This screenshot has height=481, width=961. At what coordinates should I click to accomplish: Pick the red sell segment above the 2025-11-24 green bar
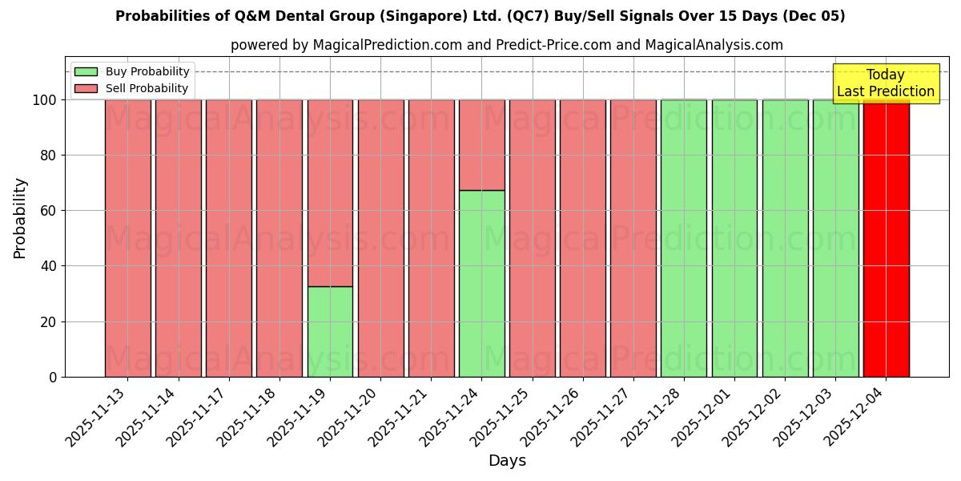coord(482,144)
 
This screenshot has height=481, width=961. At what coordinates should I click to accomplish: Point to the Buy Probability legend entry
coord(131,71)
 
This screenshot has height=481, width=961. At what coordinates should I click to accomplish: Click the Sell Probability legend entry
coord(131,88)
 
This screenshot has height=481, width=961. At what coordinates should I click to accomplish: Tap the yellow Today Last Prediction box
coord(885,83)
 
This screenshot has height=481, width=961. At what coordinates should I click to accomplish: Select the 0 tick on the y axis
coord(53,377)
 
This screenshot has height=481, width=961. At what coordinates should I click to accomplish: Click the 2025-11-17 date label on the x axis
coord(196,417)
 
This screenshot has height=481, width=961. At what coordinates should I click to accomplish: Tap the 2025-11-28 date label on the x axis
coord(651,417)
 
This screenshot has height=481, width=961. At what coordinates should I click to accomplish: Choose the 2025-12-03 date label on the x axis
coord(803,417)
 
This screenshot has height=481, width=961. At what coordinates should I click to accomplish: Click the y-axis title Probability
coord(20,217)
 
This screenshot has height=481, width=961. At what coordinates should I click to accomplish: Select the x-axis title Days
coord(507,461)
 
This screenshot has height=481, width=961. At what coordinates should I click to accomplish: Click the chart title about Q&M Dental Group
coord(480,16)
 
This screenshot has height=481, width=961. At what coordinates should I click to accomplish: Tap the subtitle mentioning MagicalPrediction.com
coord(506,45)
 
